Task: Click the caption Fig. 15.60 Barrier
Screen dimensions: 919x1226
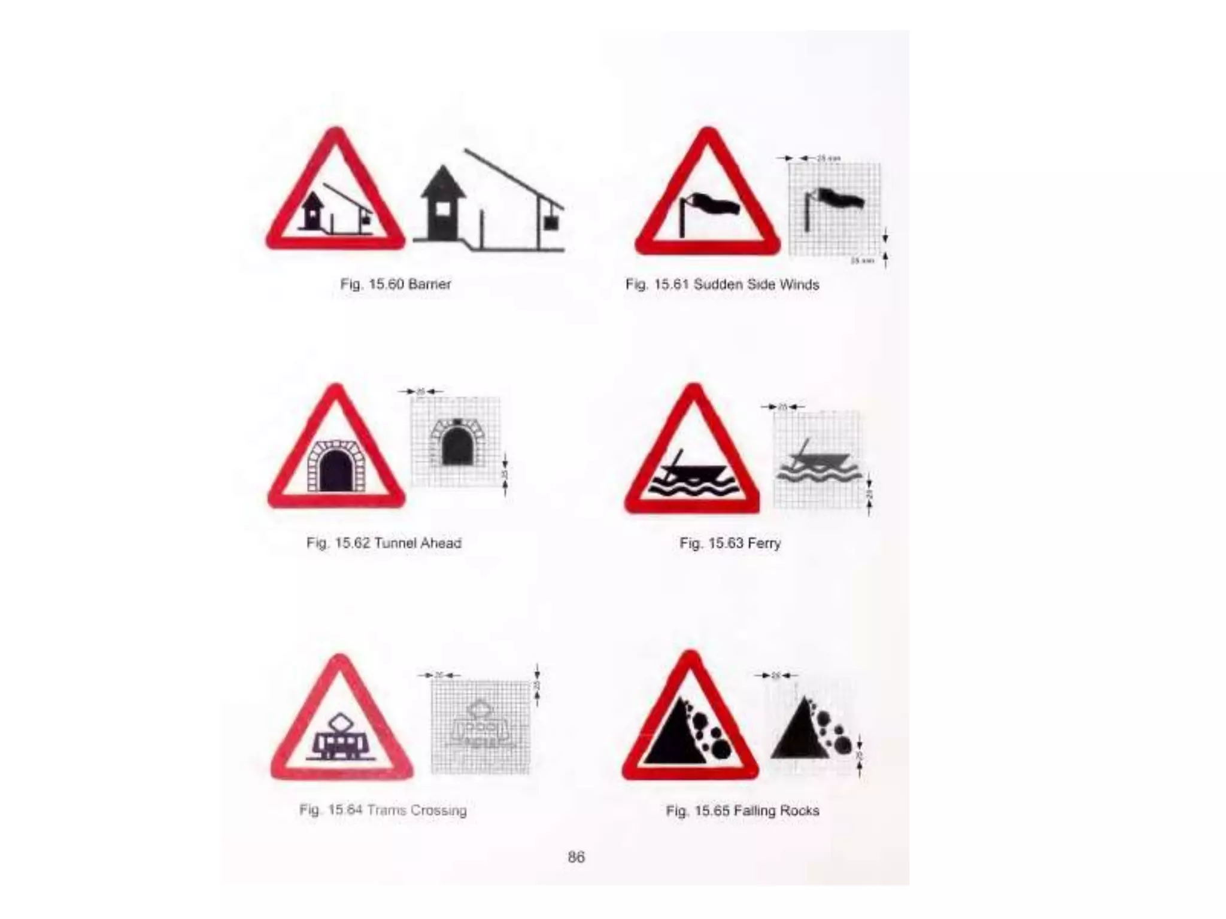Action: pos(395,284)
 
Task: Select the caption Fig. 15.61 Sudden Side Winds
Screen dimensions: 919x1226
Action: pos(722,285)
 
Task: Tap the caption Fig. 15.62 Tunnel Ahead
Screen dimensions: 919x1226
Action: pos(384,543)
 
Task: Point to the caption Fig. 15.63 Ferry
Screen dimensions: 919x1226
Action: pos(730,543)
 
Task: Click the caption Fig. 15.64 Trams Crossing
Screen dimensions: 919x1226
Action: pos(383,810)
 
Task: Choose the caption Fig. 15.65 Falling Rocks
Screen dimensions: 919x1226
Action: pos(742,811)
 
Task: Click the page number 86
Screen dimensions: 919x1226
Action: pos(576,857)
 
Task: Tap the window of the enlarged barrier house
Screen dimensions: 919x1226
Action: pos(442,209)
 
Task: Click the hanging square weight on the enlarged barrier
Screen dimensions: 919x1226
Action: pos(550,223)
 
